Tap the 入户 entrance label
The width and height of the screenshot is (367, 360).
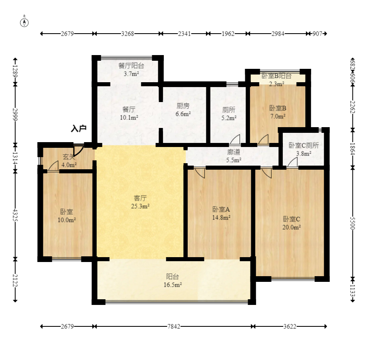point(79,129)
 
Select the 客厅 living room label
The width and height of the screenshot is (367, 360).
point(140,198)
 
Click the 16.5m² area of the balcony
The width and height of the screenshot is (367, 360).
point(173,285)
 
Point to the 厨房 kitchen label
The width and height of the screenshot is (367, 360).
point(183,106)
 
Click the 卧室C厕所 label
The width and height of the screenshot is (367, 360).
point(303,145)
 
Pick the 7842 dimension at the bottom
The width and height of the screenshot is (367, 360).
point(174,326)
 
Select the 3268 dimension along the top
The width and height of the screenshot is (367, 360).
point(127,34)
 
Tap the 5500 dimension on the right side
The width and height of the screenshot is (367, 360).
point(353,223)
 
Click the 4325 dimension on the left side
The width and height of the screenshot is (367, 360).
point(15,215)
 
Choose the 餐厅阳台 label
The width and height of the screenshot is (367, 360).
point(131,66)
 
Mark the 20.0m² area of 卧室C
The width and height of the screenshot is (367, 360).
point(291,227)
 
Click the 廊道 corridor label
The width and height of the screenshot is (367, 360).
point(233,152)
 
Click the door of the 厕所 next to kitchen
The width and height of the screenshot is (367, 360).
point(235,139)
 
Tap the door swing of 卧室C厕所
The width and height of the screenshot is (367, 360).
point(292,162)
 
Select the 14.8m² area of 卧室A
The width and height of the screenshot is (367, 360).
point(221,217)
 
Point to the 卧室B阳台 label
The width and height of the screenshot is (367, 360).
point(276,76)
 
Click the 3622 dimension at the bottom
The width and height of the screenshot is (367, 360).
point(290,326)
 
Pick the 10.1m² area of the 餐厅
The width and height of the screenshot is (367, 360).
point(129,117)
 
